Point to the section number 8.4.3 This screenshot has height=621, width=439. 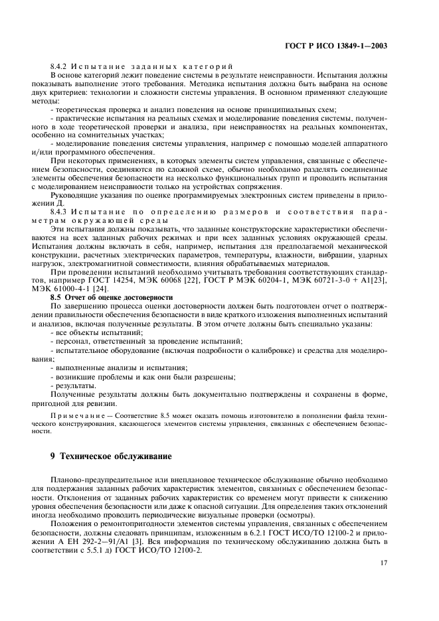pyautogui.click(x=61, y=211)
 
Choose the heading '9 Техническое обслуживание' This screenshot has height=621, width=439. pyautogui.click(x=111, y=456)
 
